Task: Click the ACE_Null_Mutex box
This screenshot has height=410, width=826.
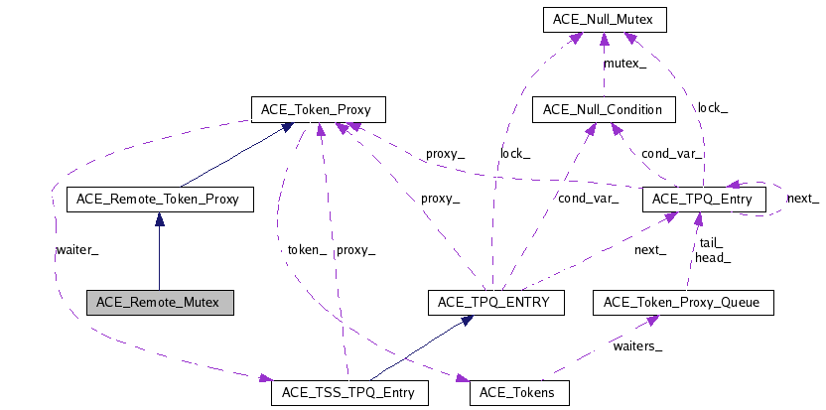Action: click(604, 18)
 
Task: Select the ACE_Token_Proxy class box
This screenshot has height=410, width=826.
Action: click(317, 108)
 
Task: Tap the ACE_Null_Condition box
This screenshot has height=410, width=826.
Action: click(603, 108)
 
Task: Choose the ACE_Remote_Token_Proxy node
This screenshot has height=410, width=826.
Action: click(159, 200)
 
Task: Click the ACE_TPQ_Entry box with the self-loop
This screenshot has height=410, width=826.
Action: click(704, 200)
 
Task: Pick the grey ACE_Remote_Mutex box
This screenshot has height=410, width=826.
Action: click(159, 302)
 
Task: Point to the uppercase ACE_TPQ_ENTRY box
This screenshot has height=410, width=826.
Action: click(494, 302)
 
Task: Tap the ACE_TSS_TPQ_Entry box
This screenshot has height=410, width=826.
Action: click(349, 392)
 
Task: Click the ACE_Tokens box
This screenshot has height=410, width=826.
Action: click(519, 392)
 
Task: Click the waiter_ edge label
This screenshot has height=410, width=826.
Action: click(76, 250)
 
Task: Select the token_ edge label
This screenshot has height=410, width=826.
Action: click(308, 250)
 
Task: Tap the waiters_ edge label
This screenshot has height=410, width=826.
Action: click(637, 345)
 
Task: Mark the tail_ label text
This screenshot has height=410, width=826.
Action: click(711, 243)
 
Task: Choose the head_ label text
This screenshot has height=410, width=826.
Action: click(714, 257)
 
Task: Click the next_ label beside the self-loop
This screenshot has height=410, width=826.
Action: click(802, 199)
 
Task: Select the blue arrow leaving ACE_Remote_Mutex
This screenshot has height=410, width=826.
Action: click(159, 253)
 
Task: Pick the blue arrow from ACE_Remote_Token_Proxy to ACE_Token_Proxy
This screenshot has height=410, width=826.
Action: click(238, 154)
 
